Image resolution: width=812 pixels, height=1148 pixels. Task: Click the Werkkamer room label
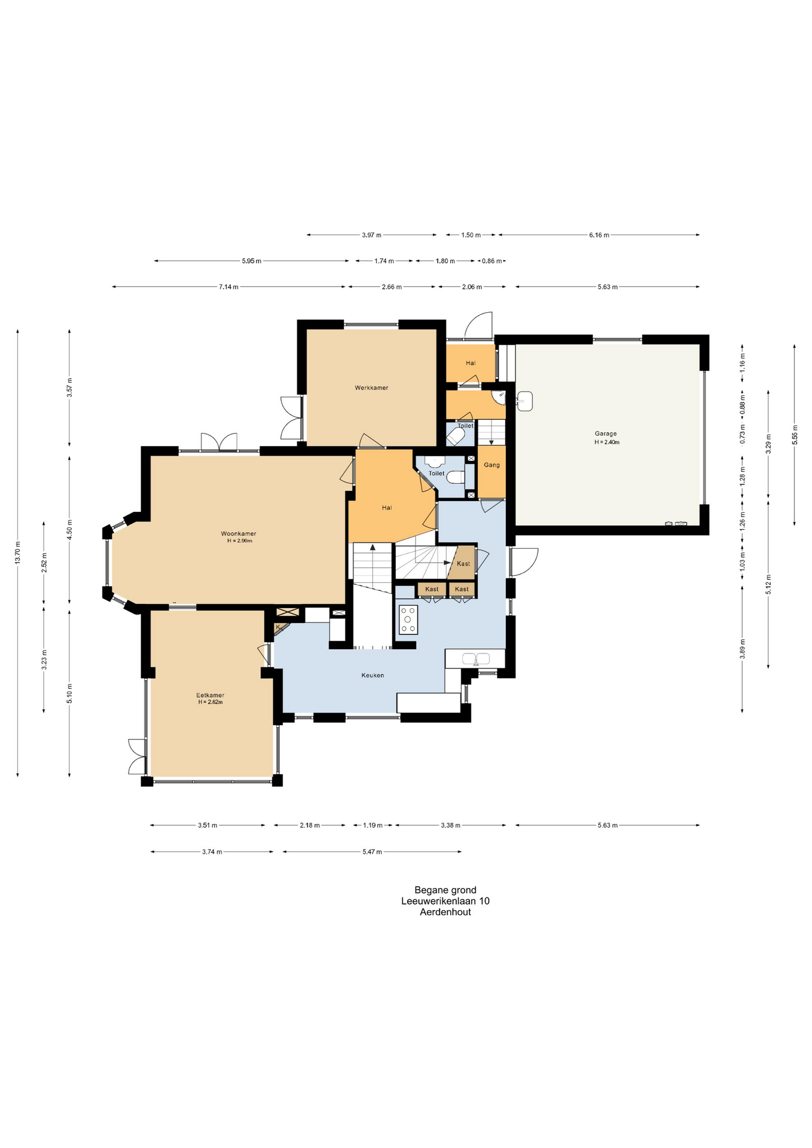pos(371,388)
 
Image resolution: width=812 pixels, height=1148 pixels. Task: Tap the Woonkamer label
pos(239,534)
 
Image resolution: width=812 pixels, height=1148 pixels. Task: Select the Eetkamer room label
pos(210,695)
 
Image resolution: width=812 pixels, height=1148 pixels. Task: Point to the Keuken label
pos(373,676)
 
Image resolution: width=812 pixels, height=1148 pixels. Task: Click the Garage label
pos(606,434)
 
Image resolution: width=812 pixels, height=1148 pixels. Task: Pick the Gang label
pos(492,465)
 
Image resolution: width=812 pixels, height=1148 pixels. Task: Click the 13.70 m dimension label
pos(18,552)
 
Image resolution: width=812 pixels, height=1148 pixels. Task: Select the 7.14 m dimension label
pos(228,287)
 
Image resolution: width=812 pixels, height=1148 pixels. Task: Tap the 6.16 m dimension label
pos(599,235)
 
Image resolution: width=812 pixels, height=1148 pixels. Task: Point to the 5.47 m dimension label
pos(372,852)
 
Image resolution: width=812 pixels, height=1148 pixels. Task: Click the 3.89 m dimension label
pos(743,649)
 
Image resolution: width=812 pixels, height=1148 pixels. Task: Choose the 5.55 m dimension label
pos(795,435)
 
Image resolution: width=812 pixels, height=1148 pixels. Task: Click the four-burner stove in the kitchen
pos(409,619)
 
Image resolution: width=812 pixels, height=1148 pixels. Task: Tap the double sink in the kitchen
pos(476,659)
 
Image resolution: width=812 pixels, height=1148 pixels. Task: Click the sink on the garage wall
pos(524,401)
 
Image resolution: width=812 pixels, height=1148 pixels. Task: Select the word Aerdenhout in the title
pos(445,912)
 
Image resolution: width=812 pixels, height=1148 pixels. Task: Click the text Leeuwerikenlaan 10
pos(445,901)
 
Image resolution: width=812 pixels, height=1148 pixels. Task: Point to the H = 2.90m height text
pos(239,541)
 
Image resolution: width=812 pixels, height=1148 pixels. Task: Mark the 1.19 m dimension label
pos(373,826)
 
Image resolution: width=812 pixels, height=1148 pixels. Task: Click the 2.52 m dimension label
pos(44,563)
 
